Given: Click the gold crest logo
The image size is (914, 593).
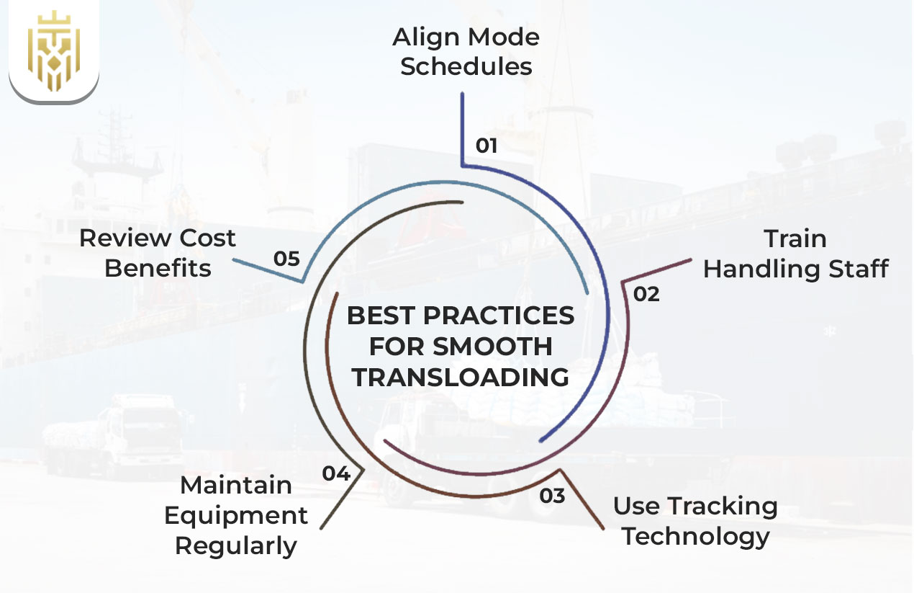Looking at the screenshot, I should [53, 51].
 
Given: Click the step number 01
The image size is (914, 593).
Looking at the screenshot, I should [487, 146].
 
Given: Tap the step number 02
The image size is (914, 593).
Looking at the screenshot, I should [646, 294].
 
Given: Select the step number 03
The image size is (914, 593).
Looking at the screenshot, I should [553, 496].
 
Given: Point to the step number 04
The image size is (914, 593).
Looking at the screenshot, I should [336, 473].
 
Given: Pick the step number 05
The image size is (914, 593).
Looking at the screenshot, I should [286, 259].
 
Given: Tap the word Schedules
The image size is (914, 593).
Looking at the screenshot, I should [466, 67].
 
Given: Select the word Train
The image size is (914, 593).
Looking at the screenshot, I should [795, 238].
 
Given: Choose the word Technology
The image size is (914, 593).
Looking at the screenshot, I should [695, 536].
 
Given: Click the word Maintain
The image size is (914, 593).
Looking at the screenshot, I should [235, 486].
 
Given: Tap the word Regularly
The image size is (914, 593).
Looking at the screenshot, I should [235, 546].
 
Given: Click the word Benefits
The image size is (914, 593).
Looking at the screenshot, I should [158, 269].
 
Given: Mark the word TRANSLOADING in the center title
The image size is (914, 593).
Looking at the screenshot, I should [461, 377].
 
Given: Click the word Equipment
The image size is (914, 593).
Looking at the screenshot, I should [235, 516].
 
